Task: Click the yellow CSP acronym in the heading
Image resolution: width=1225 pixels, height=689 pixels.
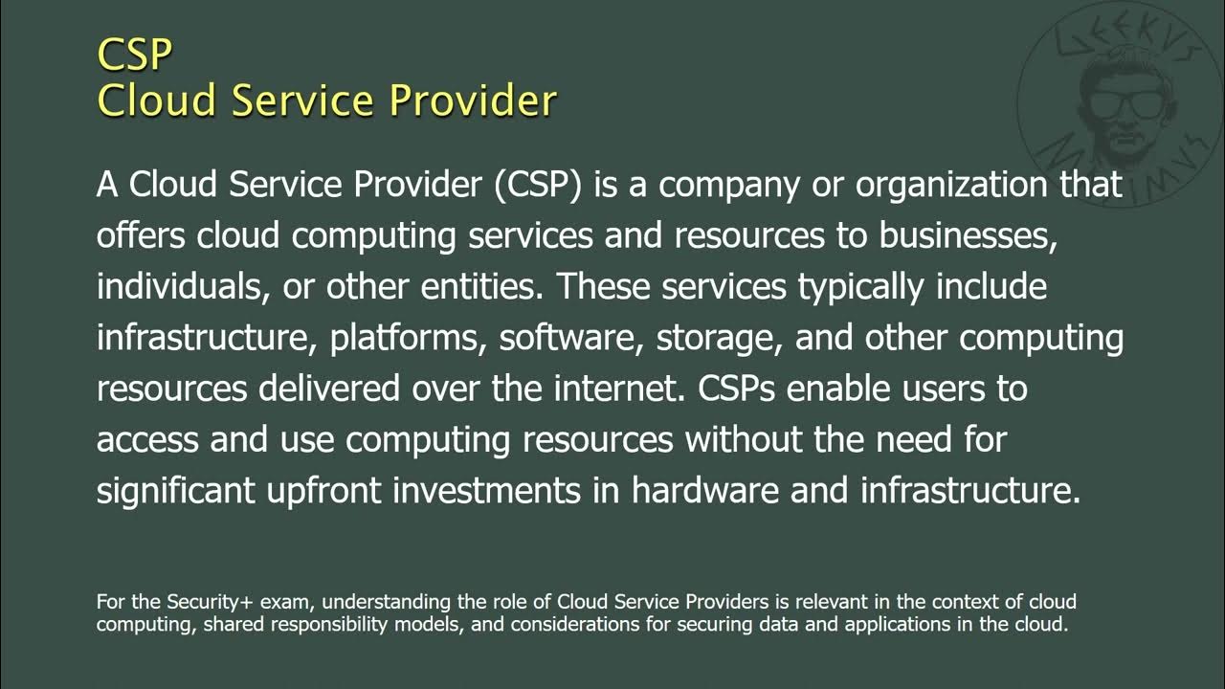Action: pyautogui.click(x=134, y=55)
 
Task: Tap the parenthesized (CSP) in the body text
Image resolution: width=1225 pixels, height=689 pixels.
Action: pyautogui.click(x=539, y=185)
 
